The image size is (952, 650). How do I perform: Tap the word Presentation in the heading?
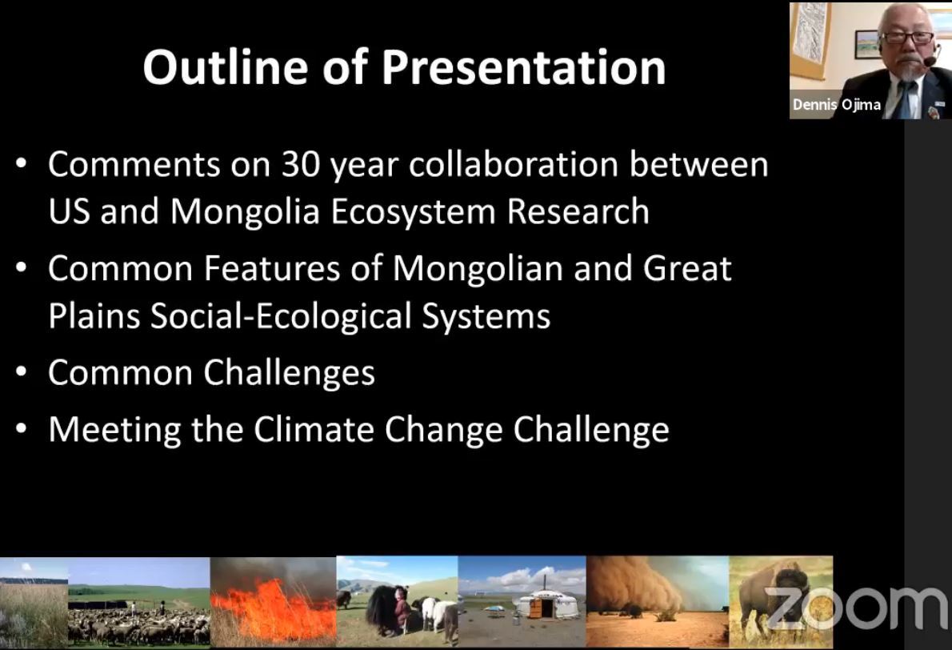[523, 66]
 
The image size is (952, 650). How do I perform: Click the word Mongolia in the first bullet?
[245, 211]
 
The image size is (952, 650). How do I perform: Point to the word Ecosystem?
[413, 212]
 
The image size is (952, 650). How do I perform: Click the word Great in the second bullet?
[687, 268]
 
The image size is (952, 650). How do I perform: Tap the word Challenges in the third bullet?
[289, 371]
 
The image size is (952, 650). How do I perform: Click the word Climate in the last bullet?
[314, 429]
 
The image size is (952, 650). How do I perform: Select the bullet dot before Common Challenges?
[22, 371]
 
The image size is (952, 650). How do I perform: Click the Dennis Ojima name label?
[836, 105]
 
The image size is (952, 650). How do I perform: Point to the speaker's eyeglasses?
[906, 37]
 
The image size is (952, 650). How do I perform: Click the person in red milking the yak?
[402, 608]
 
